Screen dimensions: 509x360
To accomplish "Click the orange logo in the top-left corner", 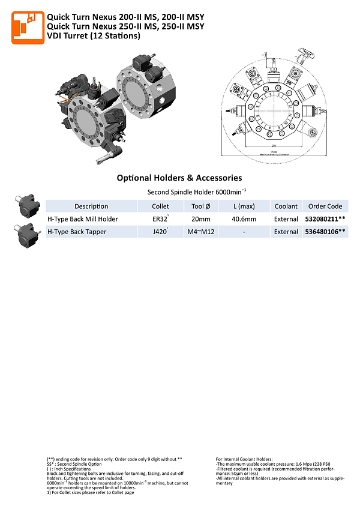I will (x=28, y=27).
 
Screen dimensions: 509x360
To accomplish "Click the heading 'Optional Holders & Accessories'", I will (x=179, y=178).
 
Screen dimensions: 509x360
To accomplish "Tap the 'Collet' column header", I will (x=161, y=206).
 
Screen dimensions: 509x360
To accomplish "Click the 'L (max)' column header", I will (x=244, y=206).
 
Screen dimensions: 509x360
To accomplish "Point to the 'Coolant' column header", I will (x=286, y=206).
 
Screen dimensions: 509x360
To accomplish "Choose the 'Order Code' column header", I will (x=325, y=206).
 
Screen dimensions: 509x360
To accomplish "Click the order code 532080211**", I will (x=325, y=219).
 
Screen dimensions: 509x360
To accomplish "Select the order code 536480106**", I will (x=325, y=232).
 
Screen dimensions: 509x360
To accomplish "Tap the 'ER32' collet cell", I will (x=160, y=219).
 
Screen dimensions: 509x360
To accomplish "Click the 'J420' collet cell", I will (x=160, y=232).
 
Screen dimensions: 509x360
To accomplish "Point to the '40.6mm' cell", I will (x=244, y=219).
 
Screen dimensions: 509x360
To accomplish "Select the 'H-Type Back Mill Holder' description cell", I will (x=83, y=219).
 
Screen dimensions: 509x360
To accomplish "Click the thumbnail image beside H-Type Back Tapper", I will (x=26, y=234).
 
